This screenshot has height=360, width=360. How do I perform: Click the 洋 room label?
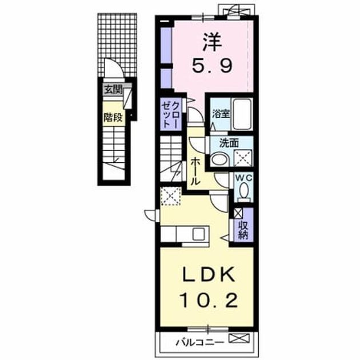pyautogui.click(x=213, y=42)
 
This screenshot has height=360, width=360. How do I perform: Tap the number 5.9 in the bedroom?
pyautogui.click(x=212, y=65)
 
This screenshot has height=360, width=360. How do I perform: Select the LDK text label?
pyautogui.click(x=209, y=275)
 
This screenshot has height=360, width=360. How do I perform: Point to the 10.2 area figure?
pyautogui.click(x=209, y=301)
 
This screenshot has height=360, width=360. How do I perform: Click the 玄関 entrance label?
pyautogui.click(x=113, y=90)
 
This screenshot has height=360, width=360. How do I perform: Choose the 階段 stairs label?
pyautogui.click(x=113, y=118)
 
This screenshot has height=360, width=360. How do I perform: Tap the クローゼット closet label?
pyautogui.click(x=170, y=114)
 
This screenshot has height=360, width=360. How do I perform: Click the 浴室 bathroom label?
pyautogui.click(x=221, y=113)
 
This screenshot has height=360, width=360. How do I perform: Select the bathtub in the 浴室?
pyautogui.click(x=242, y=114)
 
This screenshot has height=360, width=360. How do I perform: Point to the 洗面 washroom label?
pyautogui.click(x=229, y=143)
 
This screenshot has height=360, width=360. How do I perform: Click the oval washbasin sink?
pyautogui.click(x=219, y=159)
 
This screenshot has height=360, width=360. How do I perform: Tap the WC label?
pyautogui.click(x=243, y=178)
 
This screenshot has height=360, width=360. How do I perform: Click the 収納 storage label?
pyautogui.click(x=243, y=230)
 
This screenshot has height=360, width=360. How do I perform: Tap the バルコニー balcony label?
pyautogui.click(x=199, y=343)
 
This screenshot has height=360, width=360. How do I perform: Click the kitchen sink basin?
pyautogui.click(x=199, y=234)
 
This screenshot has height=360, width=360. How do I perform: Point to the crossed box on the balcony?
pyautogui.click(x=239, y=338)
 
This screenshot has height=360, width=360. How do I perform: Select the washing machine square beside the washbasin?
pyautogui.click(x=243, y=158)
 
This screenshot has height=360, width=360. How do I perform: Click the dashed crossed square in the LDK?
pyautogui.click(x=171, y=196)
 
